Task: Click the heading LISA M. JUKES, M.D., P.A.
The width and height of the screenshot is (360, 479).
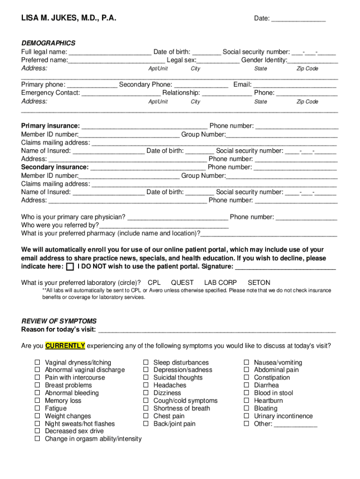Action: pos(69,18)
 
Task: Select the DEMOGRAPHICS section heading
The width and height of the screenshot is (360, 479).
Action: pos(48,43)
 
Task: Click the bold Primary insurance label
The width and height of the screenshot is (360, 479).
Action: pos(50,126)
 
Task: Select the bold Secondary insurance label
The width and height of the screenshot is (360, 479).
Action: pos(55,167)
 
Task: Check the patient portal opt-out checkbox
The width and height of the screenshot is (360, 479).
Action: pos(70,267)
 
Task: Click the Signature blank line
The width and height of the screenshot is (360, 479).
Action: pos(285,267)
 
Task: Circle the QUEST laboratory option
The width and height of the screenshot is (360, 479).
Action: pos(182,283)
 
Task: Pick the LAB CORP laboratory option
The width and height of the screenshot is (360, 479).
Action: pos(220,283)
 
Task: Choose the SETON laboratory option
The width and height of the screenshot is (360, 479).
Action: pos(259,283)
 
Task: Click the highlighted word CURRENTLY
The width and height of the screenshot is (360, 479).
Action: pos(65,346)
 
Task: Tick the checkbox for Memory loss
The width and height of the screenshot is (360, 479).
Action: pos(37,401)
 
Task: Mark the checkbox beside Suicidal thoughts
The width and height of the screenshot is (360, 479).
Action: pos(146,377)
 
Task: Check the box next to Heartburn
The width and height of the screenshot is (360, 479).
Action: pos(246,401)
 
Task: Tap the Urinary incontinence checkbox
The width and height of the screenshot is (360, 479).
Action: pos(246,416)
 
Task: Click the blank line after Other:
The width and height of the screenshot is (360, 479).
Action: pos(295,424)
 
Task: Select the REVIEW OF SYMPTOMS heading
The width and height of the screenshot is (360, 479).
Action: pos(59,321)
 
